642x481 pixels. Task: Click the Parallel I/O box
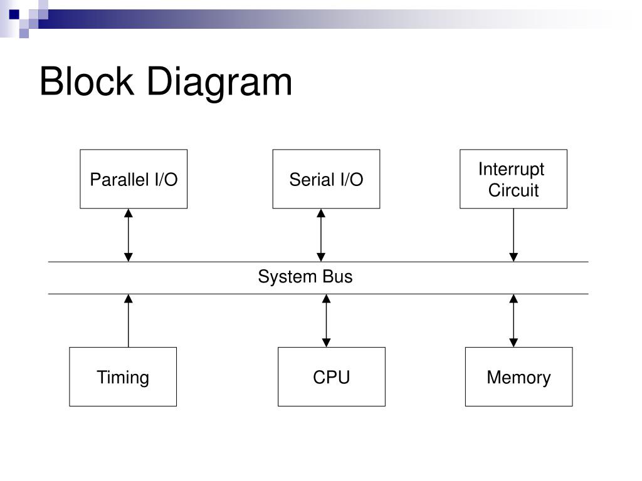(x=134, y=179)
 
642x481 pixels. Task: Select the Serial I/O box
(x=326, y=179)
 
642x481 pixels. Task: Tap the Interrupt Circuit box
(x=513, y=179)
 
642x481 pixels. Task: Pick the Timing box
(x=123, y=376)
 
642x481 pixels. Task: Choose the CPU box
(x=332, y=376)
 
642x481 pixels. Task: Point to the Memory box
(x=518, y=376)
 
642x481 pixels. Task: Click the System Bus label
(x=305, y=277)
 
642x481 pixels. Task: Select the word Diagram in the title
(x=219, y=83)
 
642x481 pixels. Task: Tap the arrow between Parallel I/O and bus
(x=128, y=235)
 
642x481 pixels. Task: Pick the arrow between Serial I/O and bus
(x=321, y=235)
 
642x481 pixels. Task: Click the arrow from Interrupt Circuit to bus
(x=513, y=235)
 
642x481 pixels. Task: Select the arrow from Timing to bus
(x=128, y=321)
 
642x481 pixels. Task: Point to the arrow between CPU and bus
(x=326, y=321)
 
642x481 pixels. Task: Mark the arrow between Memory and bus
(x=513, y=321)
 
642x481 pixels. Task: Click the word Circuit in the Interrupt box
(x=513, y=190)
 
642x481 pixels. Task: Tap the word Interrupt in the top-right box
(x=512, y=169)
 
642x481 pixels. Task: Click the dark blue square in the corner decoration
(x=14, y=14)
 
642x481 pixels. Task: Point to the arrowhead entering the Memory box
(x=513, y=343)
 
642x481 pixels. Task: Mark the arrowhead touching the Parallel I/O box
(x=128, y=213)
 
